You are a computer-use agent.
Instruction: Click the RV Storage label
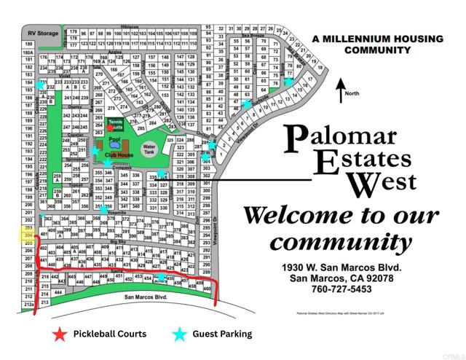click(x=42, y=34)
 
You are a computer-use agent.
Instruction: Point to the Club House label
click(x=119, y=155)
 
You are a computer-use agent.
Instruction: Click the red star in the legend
click(x=58, y=334)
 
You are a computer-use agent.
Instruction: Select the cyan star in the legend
click(x=178, y=334)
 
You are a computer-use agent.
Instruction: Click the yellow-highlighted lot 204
click(x=29, y=236)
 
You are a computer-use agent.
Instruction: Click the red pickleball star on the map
click(x=110, y=128)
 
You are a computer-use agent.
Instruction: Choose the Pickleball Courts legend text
click(x=110, y=334)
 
